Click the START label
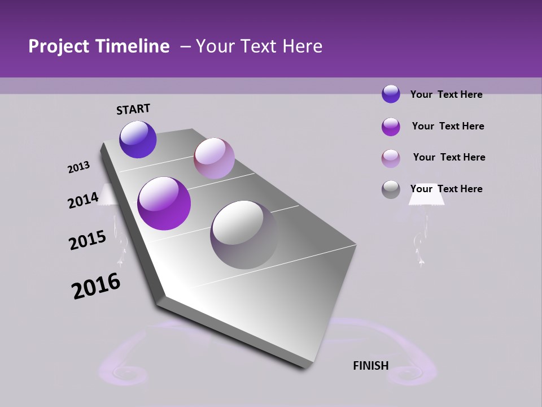pyautogui.click(x=133, y=109)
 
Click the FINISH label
pyautogui.click(x=370, y=366)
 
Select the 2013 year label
pyautogui.click(x=78, y=167)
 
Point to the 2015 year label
pyautogui.click(x=87, y=240)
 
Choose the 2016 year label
pyautogui.click(x=96, y=286)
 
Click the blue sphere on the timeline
pyautogui.click(x=138, y=139)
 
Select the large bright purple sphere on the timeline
pyautogui.click(x=164, y=203)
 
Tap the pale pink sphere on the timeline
pyautogui.click(x=214, y=158)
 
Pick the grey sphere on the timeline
pyautogui.click(x=244, y=235)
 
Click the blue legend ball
pyautogui.click(x=391, y=94)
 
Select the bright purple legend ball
pyautogui.click(x=391, y=127)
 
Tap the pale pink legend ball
pyautogui.click(x=391, y=158)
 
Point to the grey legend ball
pyautogui.click(x=391, y=189)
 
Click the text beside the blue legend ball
pyautogui.click(x=446, y=94)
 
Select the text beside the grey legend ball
pyautogui.click(x=446, y=189)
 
